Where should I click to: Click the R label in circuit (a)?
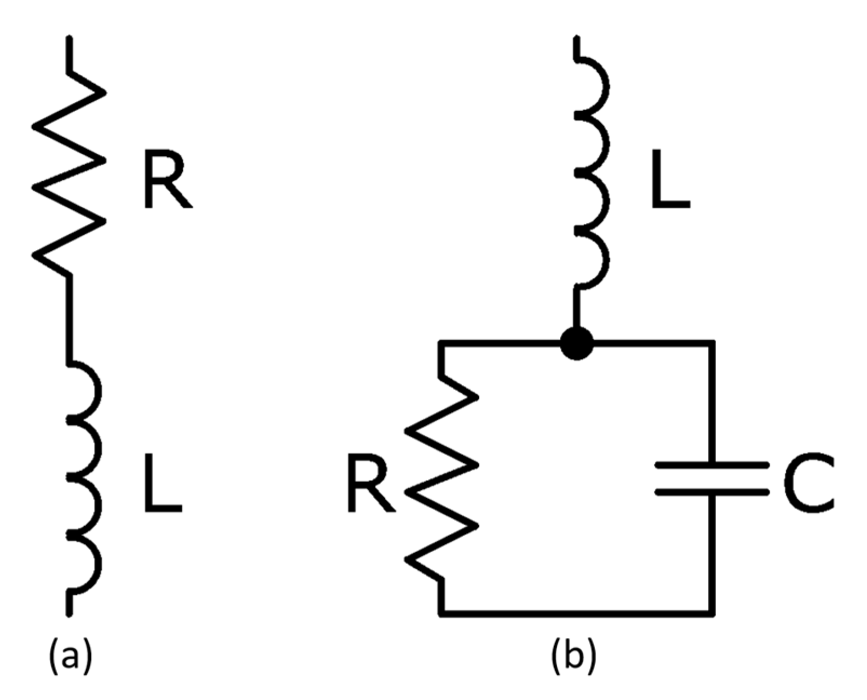click(166, 179)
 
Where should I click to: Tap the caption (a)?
click(71, 655)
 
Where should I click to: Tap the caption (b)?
click(574, 655)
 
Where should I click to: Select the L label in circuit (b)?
click(669, 179)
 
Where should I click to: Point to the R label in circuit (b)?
click(369, 483)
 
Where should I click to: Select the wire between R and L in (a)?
click(69, 319)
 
